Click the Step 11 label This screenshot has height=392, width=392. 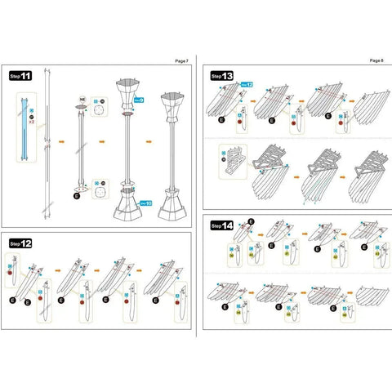(20, 76)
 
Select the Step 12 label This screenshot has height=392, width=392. (20, 243)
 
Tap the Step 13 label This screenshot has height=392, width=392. (221, 76)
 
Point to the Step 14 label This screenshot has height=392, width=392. (221, 225)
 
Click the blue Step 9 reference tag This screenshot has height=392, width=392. (139, 99)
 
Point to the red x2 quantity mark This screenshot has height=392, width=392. (30, 123)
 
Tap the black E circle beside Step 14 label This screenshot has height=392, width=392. (251, 221)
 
